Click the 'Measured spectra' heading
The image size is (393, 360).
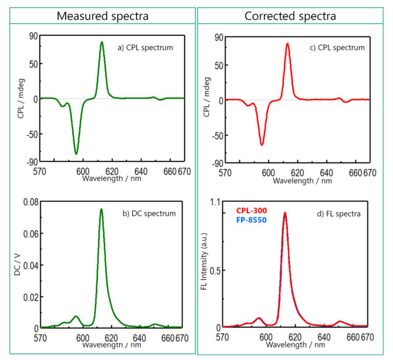tap(102, 16)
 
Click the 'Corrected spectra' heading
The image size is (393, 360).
tap(290, 16)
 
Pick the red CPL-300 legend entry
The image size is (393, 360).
tap(251, 210)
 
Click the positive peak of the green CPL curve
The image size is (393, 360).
tap(102, 42)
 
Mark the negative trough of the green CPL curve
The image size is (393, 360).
tap(76, 153)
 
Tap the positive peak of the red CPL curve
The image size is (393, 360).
tap(288, 43)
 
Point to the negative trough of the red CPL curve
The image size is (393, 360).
tap(262, 145)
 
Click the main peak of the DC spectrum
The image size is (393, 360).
tap(101, 209)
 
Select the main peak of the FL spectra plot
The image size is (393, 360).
tap(285, 213)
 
